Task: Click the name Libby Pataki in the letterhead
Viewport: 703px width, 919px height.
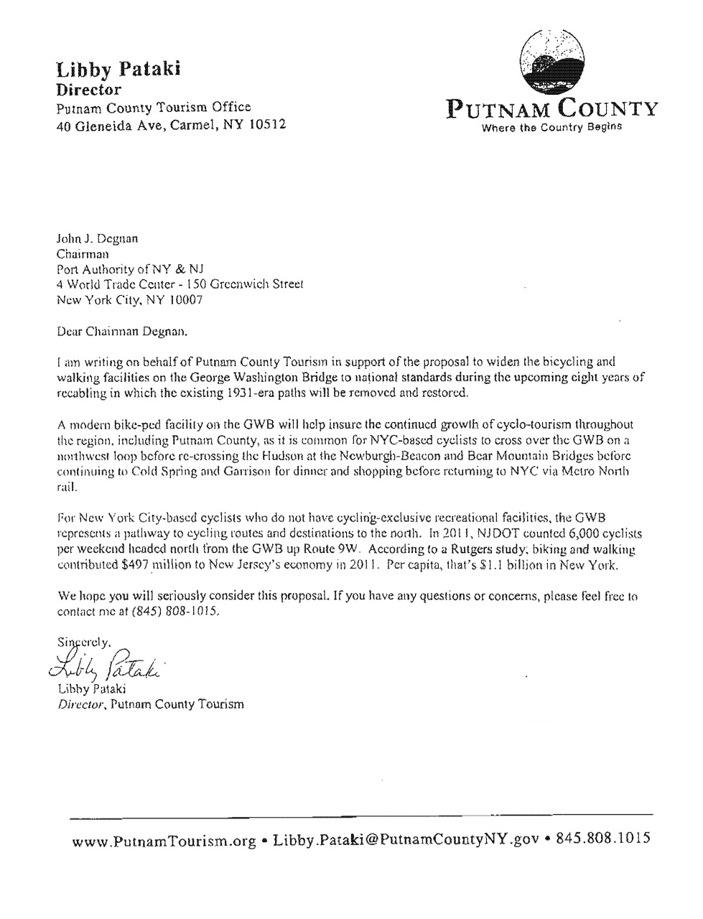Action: click(118, 70)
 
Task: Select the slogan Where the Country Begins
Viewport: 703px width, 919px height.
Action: click(551, 129)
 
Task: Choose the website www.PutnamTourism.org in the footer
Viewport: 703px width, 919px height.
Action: click(164, 841)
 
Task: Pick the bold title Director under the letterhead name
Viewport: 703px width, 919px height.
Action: click(88, 90)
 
